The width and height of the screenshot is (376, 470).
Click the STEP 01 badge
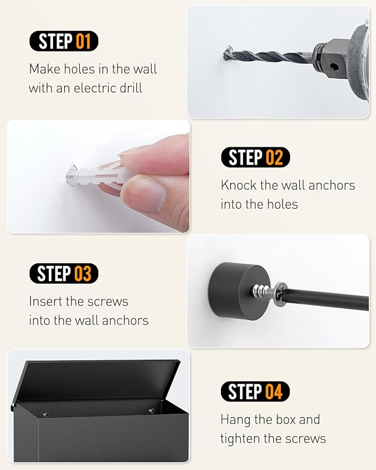click(64, 41)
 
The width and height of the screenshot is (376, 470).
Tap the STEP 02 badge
click(255, 157)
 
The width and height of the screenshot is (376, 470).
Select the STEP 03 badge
click(64, 273)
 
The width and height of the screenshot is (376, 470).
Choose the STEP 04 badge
click(255, 391)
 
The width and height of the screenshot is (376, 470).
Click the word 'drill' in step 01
click(131, 88)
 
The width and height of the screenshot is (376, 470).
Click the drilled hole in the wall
click(227, 54)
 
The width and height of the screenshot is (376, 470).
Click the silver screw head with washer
click(270, 293)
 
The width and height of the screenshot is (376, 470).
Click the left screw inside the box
click(45, 415)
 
